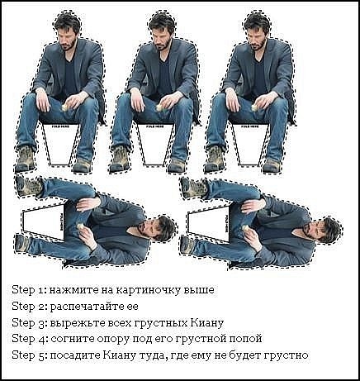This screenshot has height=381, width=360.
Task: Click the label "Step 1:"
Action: point(29,291)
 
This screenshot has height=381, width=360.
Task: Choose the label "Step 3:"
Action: point(29,322)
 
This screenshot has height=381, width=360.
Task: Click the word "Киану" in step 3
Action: point(206,322)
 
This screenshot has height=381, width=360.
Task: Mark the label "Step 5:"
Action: point(29,355)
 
